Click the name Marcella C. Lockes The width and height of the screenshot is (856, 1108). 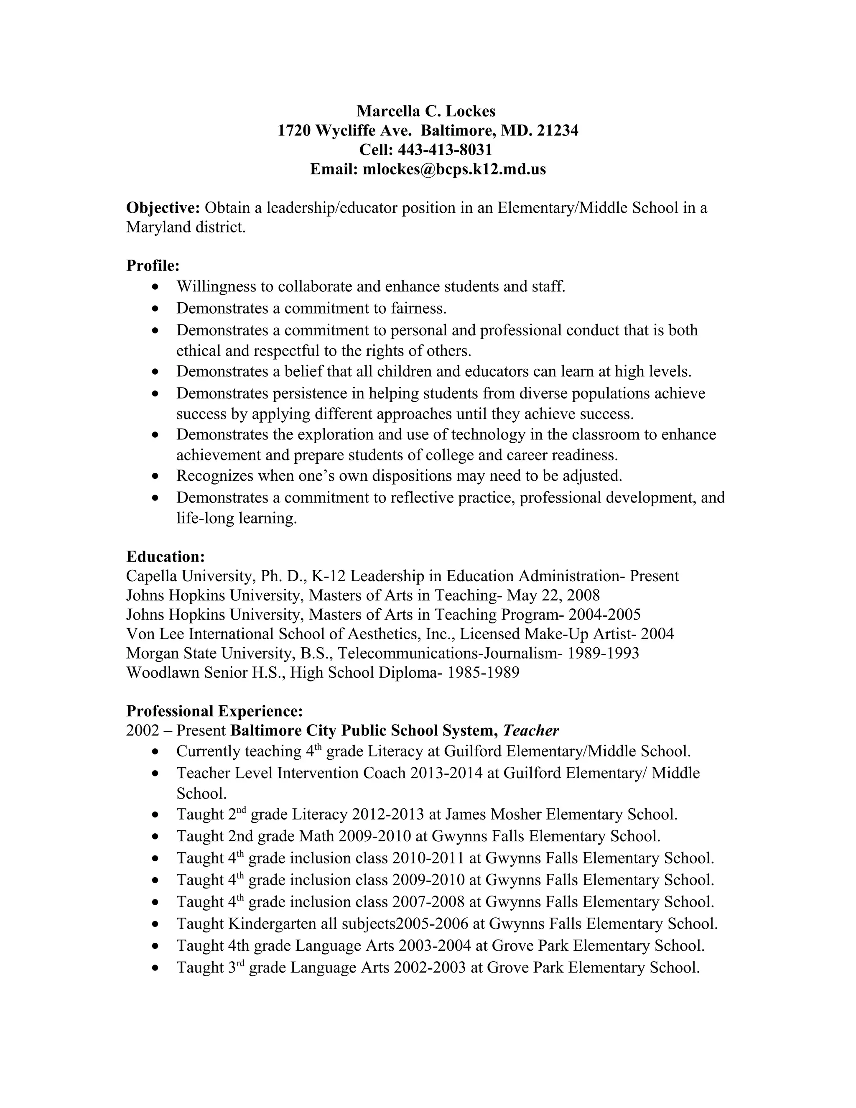(x=426, y=111)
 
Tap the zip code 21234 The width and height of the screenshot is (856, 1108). (x=557, y=130)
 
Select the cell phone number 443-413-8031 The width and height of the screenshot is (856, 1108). (x=445, y=150)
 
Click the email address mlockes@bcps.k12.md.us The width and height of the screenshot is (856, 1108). (x=454, y=169)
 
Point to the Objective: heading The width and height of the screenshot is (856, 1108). (x=163, y=208)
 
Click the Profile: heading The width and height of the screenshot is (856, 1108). (x=153, y=266)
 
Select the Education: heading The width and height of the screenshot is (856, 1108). (x=166, y=557)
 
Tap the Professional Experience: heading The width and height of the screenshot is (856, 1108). (x=214, y=711)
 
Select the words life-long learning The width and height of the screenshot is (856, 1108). (x=236, y=518)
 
